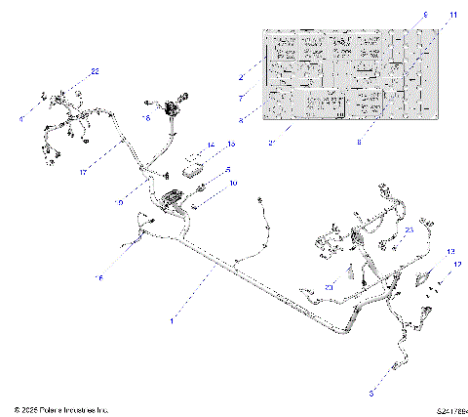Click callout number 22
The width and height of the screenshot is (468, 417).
[x=95, y=71]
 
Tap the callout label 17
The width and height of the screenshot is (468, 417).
[x=84, y=172]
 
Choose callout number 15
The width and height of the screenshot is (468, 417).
[x=232, y=145]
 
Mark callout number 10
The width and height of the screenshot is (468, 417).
[x=232, y=183]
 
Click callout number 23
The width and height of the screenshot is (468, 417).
[x=409, y=230]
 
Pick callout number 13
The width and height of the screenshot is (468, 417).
[x=449, y=252]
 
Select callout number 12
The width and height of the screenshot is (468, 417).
[x=458, y=264]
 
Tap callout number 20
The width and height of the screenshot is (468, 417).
[x=329, y=287]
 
